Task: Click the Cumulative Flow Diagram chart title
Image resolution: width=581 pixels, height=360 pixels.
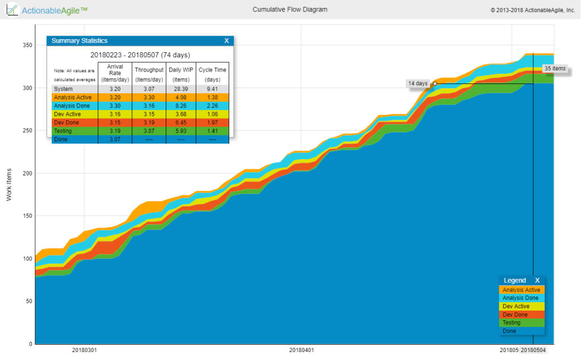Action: tap(289, 10)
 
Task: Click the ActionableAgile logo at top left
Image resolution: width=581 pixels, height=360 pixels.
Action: tap(48, 10)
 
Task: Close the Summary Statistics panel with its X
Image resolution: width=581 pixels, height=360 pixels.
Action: tap(226, 41)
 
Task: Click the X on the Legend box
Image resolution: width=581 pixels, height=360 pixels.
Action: tap(537, 281)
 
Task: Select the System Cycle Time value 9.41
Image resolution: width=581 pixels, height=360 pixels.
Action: tap(212, 89)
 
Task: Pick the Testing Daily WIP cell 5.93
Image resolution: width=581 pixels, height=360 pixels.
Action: tap(180, 131)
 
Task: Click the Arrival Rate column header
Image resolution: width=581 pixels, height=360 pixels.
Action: tap(115, 73)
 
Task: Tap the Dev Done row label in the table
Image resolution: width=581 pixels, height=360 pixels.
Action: tap(69, 123)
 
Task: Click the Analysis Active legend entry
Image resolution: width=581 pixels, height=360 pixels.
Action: tap(521, 290)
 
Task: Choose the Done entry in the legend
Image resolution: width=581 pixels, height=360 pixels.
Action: tap(509, 331)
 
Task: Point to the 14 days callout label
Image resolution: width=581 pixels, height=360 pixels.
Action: tap(418, 83)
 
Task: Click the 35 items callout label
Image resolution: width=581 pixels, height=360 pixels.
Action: tap(554, 69)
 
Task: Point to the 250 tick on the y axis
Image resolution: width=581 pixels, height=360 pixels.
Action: tap(26, 131)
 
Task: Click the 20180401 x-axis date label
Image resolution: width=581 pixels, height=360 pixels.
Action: tap(301, 350)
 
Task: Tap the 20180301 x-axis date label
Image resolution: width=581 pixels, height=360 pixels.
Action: tap(84, 350)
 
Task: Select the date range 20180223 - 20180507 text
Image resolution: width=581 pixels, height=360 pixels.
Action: tap(140, 55)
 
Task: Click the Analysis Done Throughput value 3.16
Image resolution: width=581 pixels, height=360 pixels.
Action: tap(148, 106)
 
